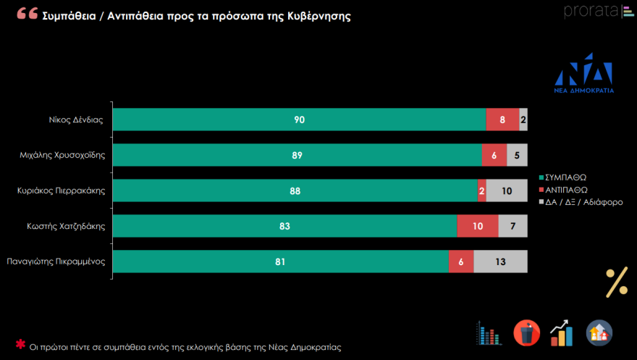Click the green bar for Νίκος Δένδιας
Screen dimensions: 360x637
(x=299, y=120)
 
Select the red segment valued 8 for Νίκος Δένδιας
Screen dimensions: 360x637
(x=502, y=120)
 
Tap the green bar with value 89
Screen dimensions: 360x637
(x=297, y=155)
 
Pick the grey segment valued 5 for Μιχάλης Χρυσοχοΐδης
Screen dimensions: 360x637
(x=517, y=155)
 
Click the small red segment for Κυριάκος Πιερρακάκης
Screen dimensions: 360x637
(x=481, y=191)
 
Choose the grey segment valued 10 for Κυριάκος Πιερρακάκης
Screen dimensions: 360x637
(x=507, y=191)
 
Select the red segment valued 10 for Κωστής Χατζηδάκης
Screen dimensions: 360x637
(x=478, y=226)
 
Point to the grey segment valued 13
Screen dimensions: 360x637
(x=500, y=261)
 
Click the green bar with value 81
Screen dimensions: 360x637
(x=280, y=261)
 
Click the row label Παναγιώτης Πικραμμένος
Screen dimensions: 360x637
(x=56, y=261)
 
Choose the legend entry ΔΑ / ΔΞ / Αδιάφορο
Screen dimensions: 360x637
(x=586, y=203)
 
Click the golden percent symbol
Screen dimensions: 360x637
(x=617, y=282)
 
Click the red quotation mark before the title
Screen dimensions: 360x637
(x=28, y=14)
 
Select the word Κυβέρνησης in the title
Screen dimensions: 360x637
(x=317, y=16)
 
